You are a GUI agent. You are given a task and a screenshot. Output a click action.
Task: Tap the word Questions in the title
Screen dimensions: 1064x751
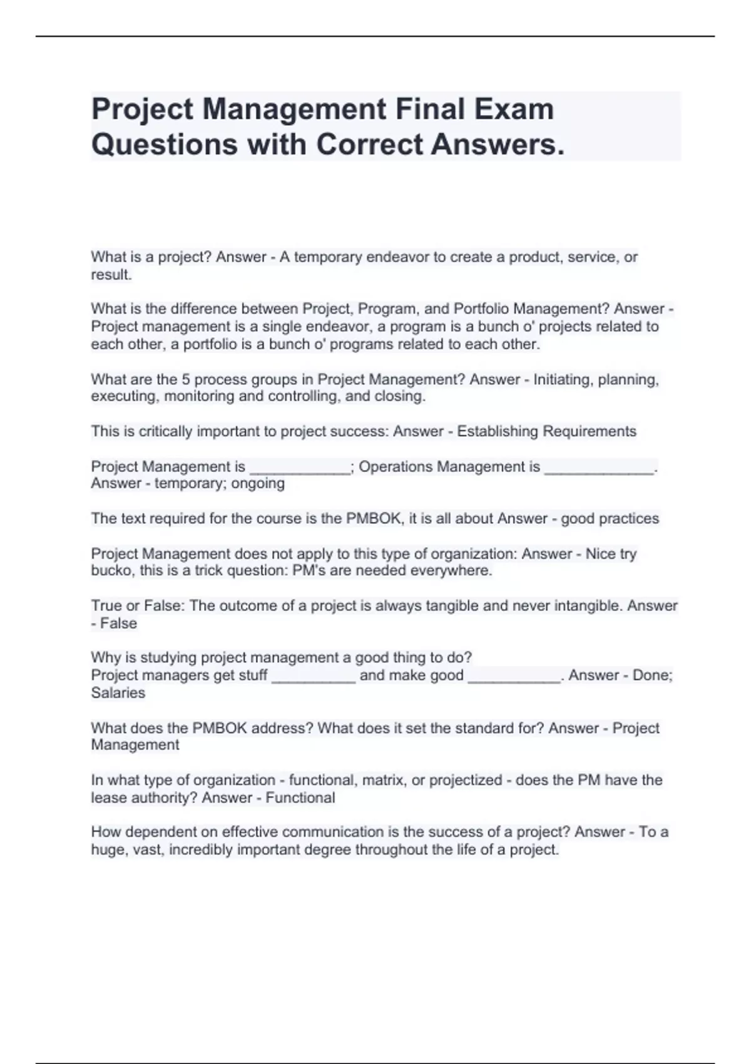163,145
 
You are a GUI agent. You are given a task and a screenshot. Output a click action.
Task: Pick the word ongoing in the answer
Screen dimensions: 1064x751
258,483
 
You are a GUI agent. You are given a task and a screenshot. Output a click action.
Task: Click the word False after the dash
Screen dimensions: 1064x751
118,623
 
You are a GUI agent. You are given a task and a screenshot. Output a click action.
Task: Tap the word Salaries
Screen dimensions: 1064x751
118,693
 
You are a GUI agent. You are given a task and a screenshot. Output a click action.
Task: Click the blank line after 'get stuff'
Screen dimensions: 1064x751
314,677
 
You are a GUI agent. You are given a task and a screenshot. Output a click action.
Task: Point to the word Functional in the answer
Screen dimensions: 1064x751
300,797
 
